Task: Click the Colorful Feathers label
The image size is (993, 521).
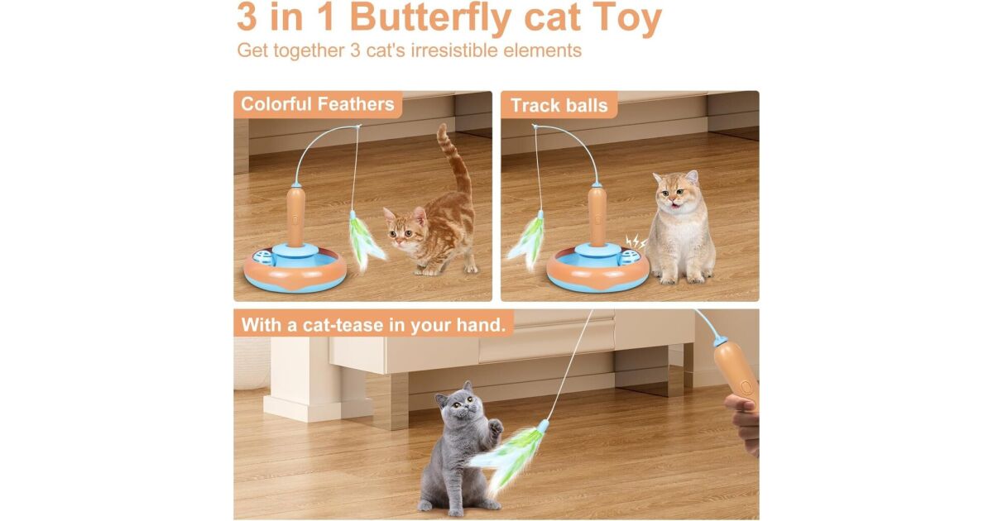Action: coord(318,104)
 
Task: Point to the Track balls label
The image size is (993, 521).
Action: coord(559,106)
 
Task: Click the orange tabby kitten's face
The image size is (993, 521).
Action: coord(404,228)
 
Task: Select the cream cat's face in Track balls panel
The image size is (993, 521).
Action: coord(674,193)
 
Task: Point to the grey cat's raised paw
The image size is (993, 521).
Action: coord(495,428)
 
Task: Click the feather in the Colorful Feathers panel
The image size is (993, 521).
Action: coord(363,241)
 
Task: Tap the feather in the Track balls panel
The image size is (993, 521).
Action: coord(528,241)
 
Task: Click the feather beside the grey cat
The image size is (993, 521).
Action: coord(510,456)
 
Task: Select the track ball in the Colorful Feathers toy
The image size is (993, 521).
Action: coord(264,257)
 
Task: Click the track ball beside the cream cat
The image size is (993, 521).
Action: coord(631,256)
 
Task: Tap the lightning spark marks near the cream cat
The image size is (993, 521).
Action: coord(635,241)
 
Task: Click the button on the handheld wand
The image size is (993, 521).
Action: coord(746,387)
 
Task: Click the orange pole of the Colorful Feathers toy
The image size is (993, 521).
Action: coord(295,215)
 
